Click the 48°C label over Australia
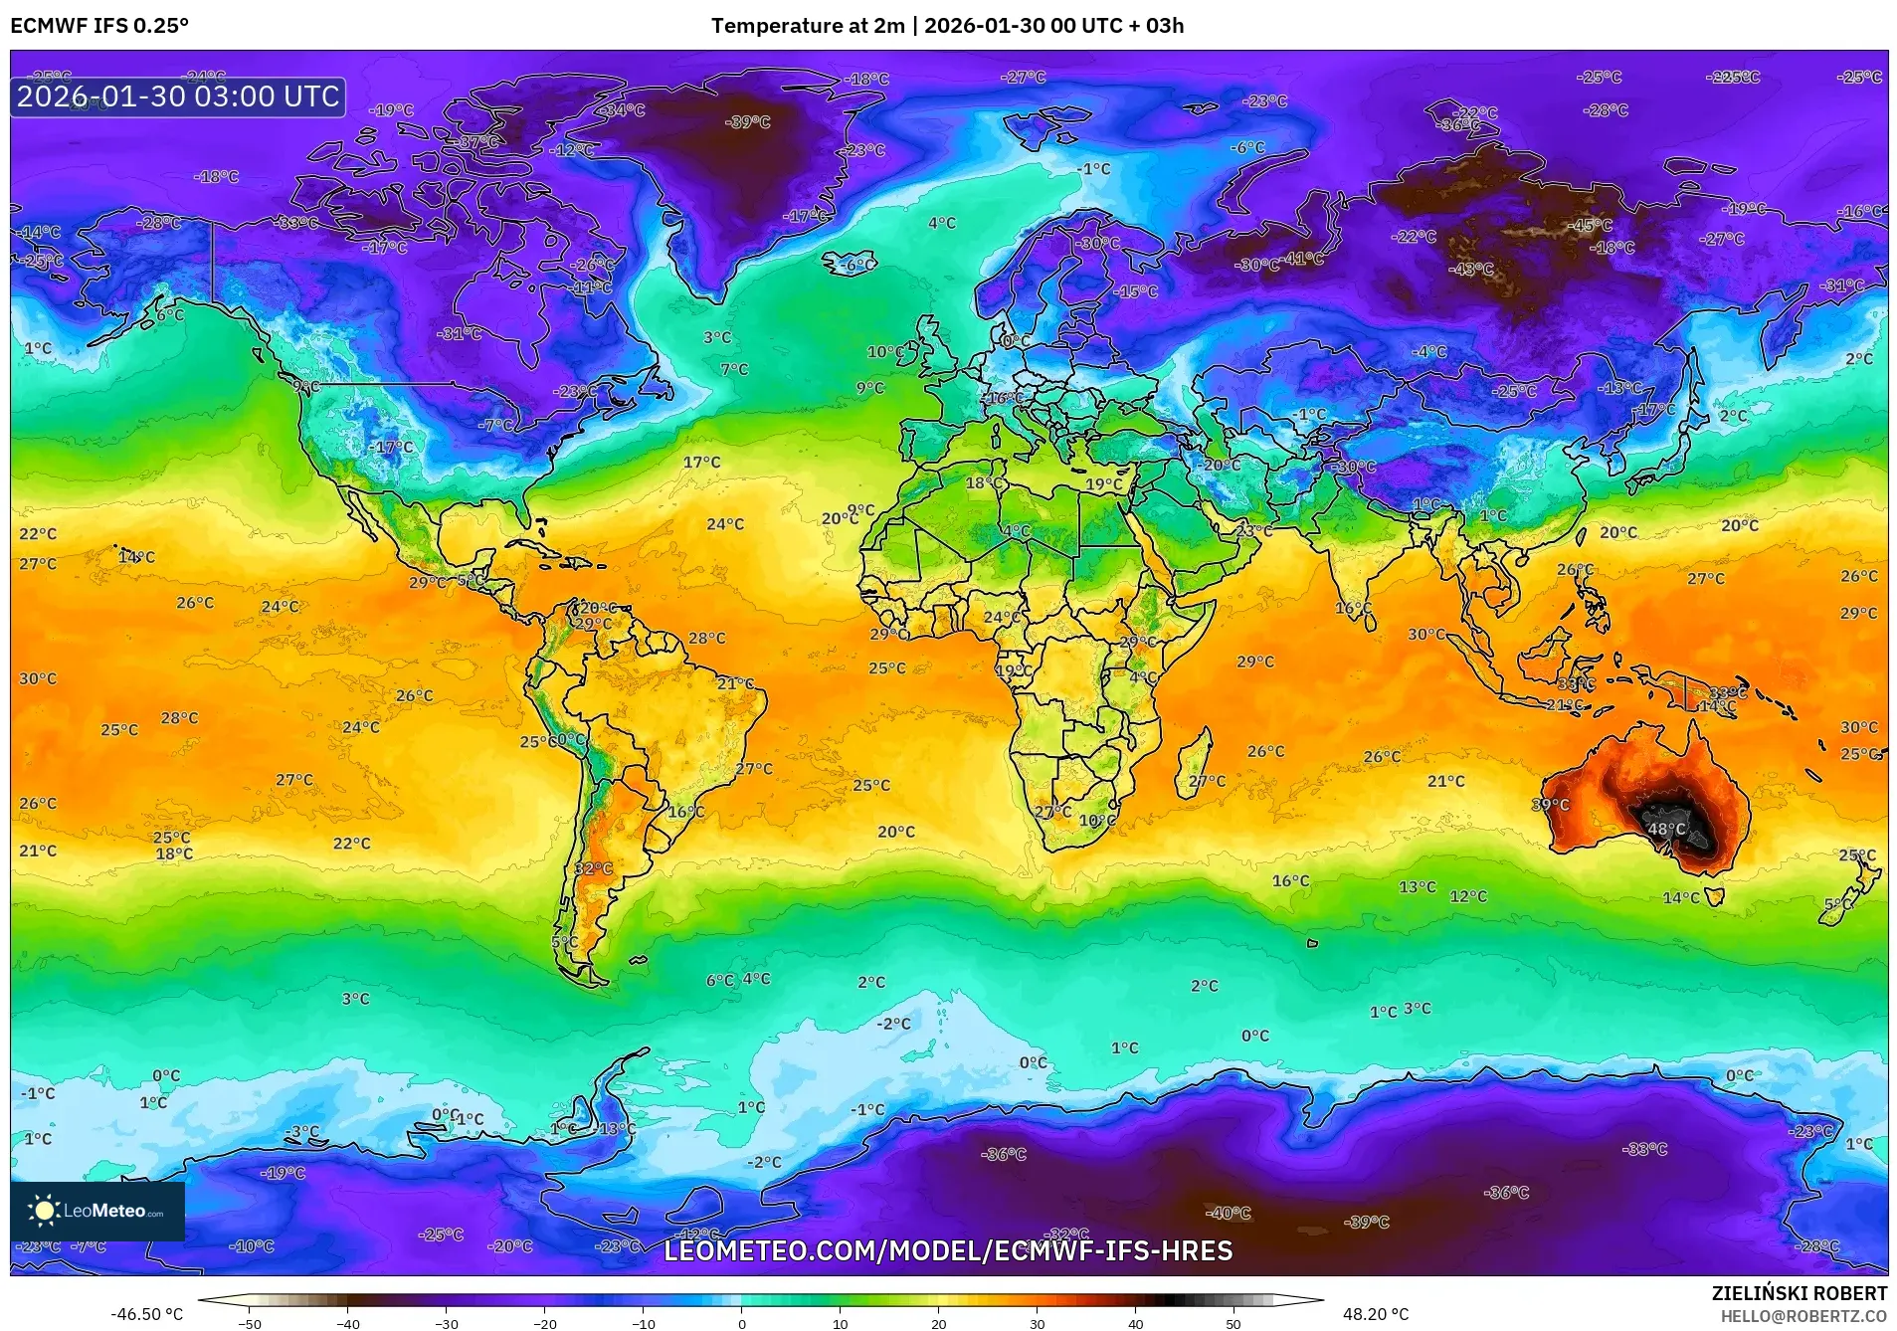(1666, 829)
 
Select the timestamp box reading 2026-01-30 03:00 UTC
(178, 96)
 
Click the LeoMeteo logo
(96, 1211)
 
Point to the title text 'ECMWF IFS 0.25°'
(99, 26)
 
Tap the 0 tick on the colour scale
(741, 1323)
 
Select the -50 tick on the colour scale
(250, 1323)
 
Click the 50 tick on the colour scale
(1233, 1323)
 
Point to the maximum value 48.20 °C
(1376, 1314)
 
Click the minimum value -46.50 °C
(146, 1314)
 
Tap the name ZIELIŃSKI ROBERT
(1799, 1293)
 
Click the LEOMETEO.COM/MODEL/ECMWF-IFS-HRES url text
(947, 1250)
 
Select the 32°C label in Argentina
(593, 868)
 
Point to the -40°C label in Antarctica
(1228, 1213)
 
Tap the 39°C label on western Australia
(1550, 805)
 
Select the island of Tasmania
(1713, 897)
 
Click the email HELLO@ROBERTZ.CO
(1803, 1316)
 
